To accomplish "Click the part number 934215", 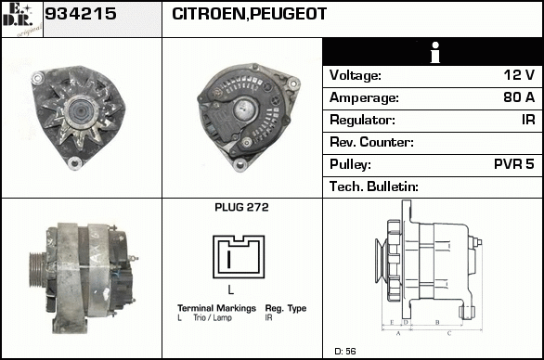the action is [x=81, y=14].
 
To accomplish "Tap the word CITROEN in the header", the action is [x=209, y=14].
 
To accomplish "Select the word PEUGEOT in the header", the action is [x=288, y=14].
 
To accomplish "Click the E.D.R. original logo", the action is [x=22, y=19].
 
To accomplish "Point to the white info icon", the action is [x=435, y=52].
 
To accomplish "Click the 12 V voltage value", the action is [x=519, y=75].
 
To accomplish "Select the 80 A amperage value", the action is [x=519, y=97].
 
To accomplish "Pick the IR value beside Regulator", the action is [x=528, y=120].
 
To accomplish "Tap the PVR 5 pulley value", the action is [x=514, y=164].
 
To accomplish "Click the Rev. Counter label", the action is [x=371, y=142].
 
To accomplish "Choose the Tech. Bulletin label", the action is [x=374, y=186].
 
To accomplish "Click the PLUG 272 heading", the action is [x=241, y=207].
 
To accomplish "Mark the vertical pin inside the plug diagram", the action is [x=228, y=259].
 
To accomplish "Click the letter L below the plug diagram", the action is [x=231, y=289].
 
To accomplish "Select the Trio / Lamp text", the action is [x=213, y=317].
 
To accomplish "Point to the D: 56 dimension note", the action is [x=345, y=351].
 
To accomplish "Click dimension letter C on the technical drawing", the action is [x=449, y=334].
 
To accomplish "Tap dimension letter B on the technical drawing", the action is [x=437, y=322].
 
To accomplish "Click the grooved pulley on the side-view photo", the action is [x=36, y=270].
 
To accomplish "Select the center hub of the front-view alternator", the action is [x=81, y=111].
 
